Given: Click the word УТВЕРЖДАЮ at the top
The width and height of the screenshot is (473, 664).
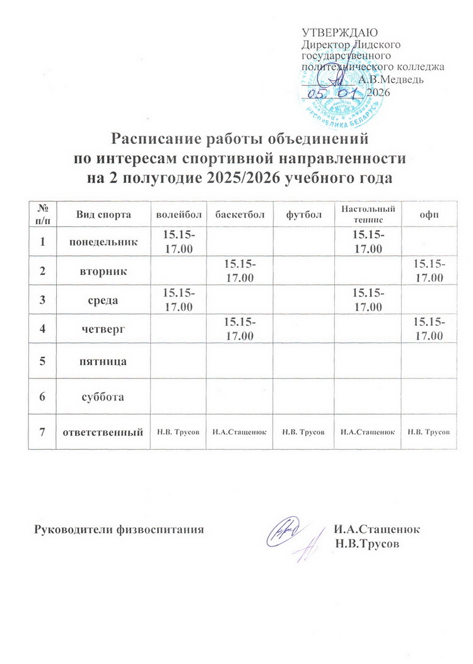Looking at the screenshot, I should pos(340,33).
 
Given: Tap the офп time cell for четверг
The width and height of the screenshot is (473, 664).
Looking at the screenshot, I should pos(429,330).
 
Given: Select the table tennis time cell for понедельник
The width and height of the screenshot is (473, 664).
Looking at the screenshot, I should pos(368,242).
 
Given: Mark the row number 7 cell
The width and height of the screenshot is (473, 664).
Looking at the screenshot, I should pos(42,432).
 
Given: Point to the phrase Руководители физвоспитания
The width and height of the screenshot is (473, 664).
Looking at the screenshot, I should pos(118,529).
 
